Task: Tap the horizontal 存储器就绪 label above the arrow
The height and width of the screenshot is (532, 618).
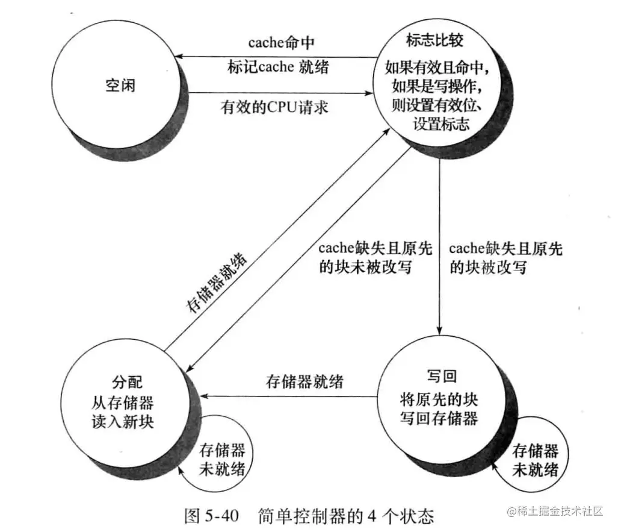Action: tap(304, 381)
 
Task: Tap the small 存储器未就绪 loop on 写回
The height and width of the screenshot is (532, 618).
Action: tap(534, 460)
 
